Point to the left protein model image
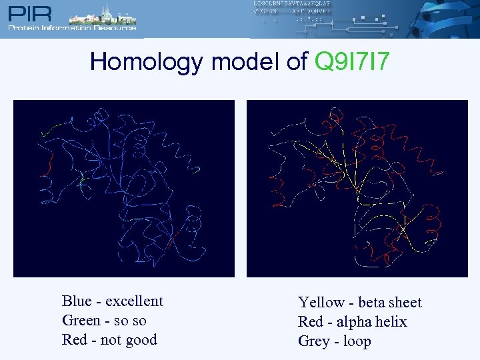point(124,188)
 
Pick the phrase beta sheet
point(390,303)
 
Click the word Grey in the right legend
point(313,341)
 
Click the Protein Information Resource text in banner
point(72,28)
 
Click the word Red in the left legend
point(74,340)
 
